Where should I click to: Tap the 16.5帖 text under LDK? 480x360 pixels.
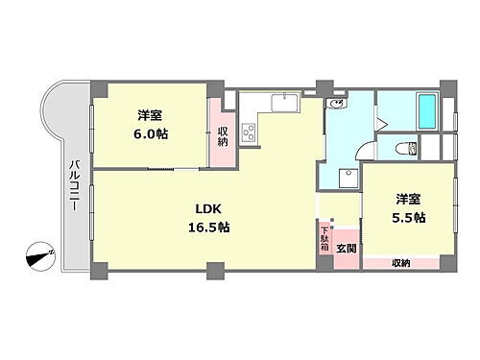point(209,227)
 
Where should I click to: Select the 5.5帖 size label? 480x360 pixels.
point(408,217)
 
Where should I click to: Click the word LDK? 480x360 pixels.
point(208,208)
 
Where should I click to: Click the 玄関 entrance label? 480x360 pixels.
point(346,247)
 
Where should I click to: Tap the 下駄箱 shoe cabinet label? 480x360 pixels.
point(324,238)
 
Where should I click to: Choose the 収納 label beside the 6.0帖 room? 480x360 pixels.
point(223,135)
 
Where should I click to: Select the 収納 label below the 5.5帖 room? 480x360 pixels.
point(400,262)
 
